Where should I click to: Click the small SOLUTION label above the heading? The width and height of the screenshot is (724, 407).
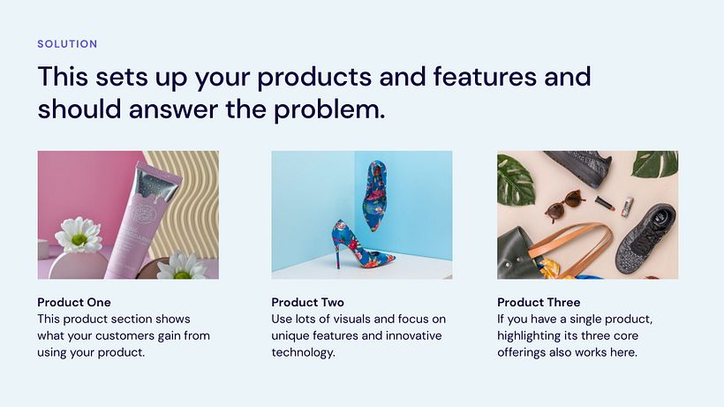67,43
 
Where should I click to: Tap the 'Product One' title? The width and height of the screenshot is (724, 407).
74,302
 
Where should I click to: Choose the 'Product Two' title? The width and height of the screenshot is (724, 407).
307,302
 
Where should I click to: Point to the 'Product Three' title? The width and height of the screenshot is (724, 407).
539,302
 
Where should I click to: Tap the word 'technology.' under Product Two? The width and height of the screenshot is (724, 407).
304,352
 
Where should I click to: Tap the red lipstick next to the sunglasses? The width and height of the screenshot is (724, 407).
605,202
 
